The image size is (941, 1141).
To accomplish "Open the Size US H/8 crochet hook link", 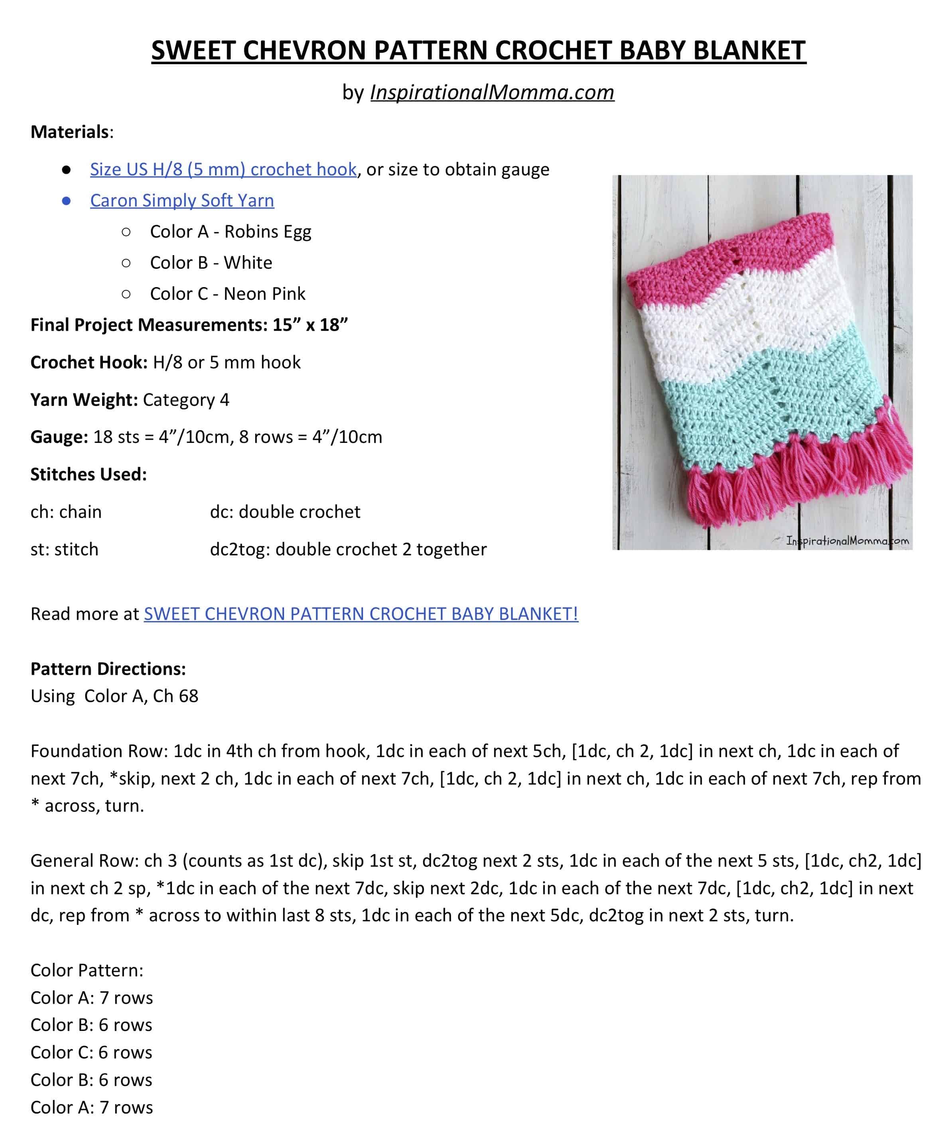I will pyautogui.click(x=223, y=169).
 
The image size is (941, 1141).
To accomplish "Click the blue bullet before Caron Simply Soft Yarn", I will pyautogui.click(x=66, y=201).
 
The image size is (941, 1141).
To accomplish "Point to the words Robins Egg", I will pyautogui.click(x=267, y=232).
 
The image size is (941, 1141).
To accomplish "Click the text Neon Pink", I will pyautogui.click(x=264, y=294).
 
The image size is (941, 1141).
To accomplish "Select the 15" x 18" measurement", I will pyautogui.click(x=310, y=325).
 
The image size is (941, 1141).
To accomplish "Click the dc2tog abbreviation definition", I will pyautogui.click(x=347, y=549).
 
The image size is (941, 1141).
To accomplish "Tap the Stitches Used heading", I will pyautogui.click(x=88, y=474).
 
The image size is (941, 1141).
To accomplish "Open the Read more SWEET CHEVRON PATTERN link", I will pyautogui.click(x=361, y=614).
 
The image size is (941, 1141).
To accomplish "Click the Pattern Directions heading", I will pyautogui.click(x=108, y=669).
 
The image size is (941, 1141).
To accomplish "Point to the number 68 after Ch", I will pyautogui.click(x=188, y=696).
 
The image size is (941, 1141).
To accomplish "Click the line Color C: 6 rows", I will pyautogui.click(x=91, y=1052).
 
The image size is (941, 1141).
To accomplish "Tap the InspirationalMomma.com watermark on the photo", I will pyautogui.click(x=847, y=541).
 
